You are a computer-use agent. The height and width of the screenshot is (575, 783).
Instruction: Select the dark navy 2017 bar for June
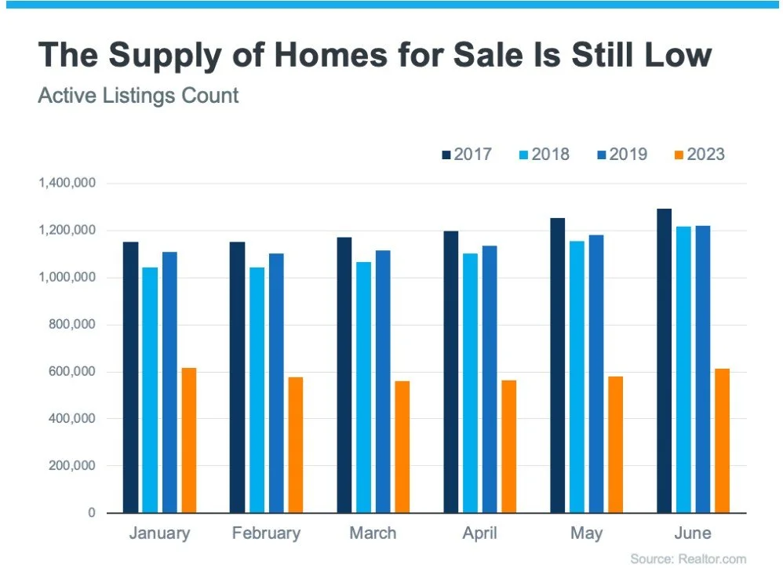664,361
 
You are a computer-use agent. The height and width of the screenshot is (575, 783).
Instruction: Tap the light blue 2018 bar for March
363,388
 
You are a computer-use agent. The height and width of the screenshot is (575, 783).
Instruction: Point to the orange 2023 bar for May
614,445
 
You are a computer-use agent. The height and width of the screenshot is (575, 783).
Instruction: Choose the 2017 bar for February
237,377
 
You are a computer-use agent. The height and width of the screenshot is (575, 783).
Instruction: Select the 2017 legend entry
466,155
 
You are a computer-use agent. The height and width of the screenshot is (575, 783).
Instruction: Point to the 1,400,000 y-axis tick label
67,184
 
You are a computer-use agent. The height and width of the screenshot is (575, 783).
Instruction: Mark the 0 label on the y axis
92,513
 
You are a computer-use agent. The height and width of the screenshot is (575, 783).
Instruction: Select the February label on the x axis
266,533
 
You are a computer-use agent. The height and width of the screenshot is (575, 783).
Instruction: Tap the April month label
479,533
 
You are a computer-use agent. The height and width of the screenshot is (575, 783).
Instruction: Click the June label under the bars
692,533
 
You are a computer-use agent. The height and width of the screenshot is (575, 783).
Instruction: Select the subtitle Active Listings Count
138,96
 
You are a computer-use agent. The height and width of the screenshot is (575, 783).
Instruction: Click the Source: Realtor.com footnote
688,559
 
